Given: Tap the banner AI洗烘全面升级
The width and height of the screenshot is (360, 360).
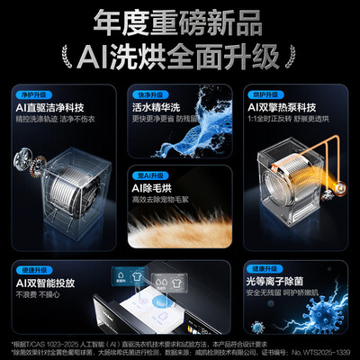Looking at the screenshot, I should click(x=180, y=55).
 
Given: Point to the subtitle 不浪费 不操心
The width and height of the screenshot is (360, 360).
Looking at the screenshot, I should click(x=46, y=294).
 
